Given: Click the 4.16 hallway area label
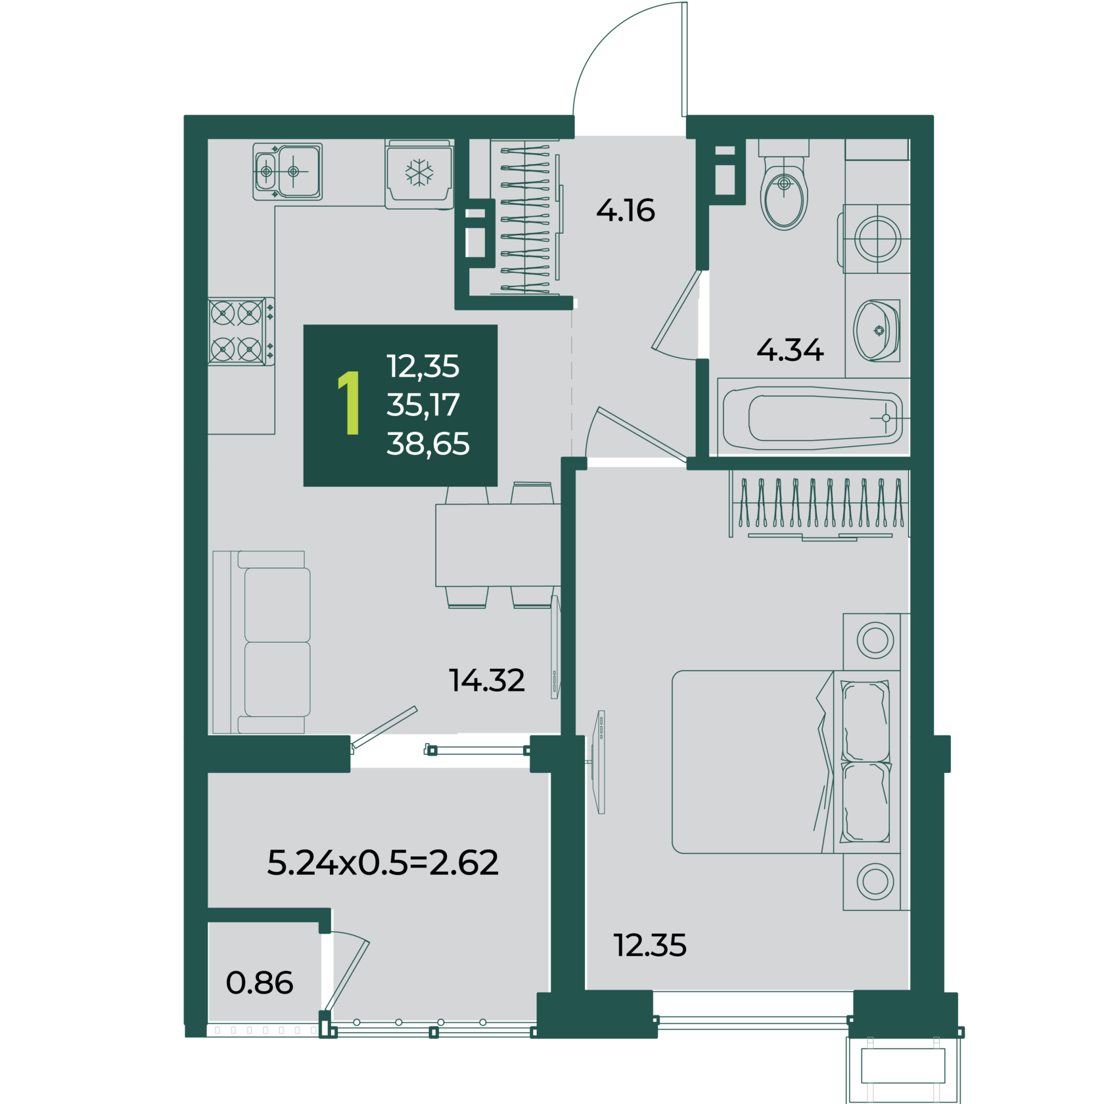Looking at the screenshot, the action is [625, 210].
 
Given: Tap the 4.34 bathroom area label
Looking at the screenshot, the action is [790, 350].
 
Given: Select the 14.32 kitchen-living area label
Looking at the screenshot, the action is [486, 680].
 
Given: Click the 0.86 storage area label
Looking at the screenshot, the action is [260, 982].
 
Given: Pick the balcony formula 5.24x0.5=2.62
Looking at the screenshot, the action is [382, 862].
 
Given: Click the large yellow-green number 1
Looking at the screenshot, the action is [350, 403].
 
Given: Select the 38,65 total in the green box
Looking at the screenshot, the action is [428, 444].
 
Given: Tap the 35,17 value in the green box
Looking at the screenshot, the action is [423, 405].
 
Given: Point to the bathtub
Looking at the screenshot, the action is [813, 418].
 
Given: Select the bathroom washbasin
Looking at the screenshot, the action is [877, 330].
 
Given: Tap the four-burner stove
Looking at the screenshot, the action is [241, 331].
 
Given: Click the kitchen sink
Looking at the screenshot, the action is [288, 172].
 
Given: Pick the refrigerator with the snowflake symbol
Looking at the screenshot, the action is [419, 174].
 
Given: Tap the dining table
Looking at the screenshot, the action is [498, 545].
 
